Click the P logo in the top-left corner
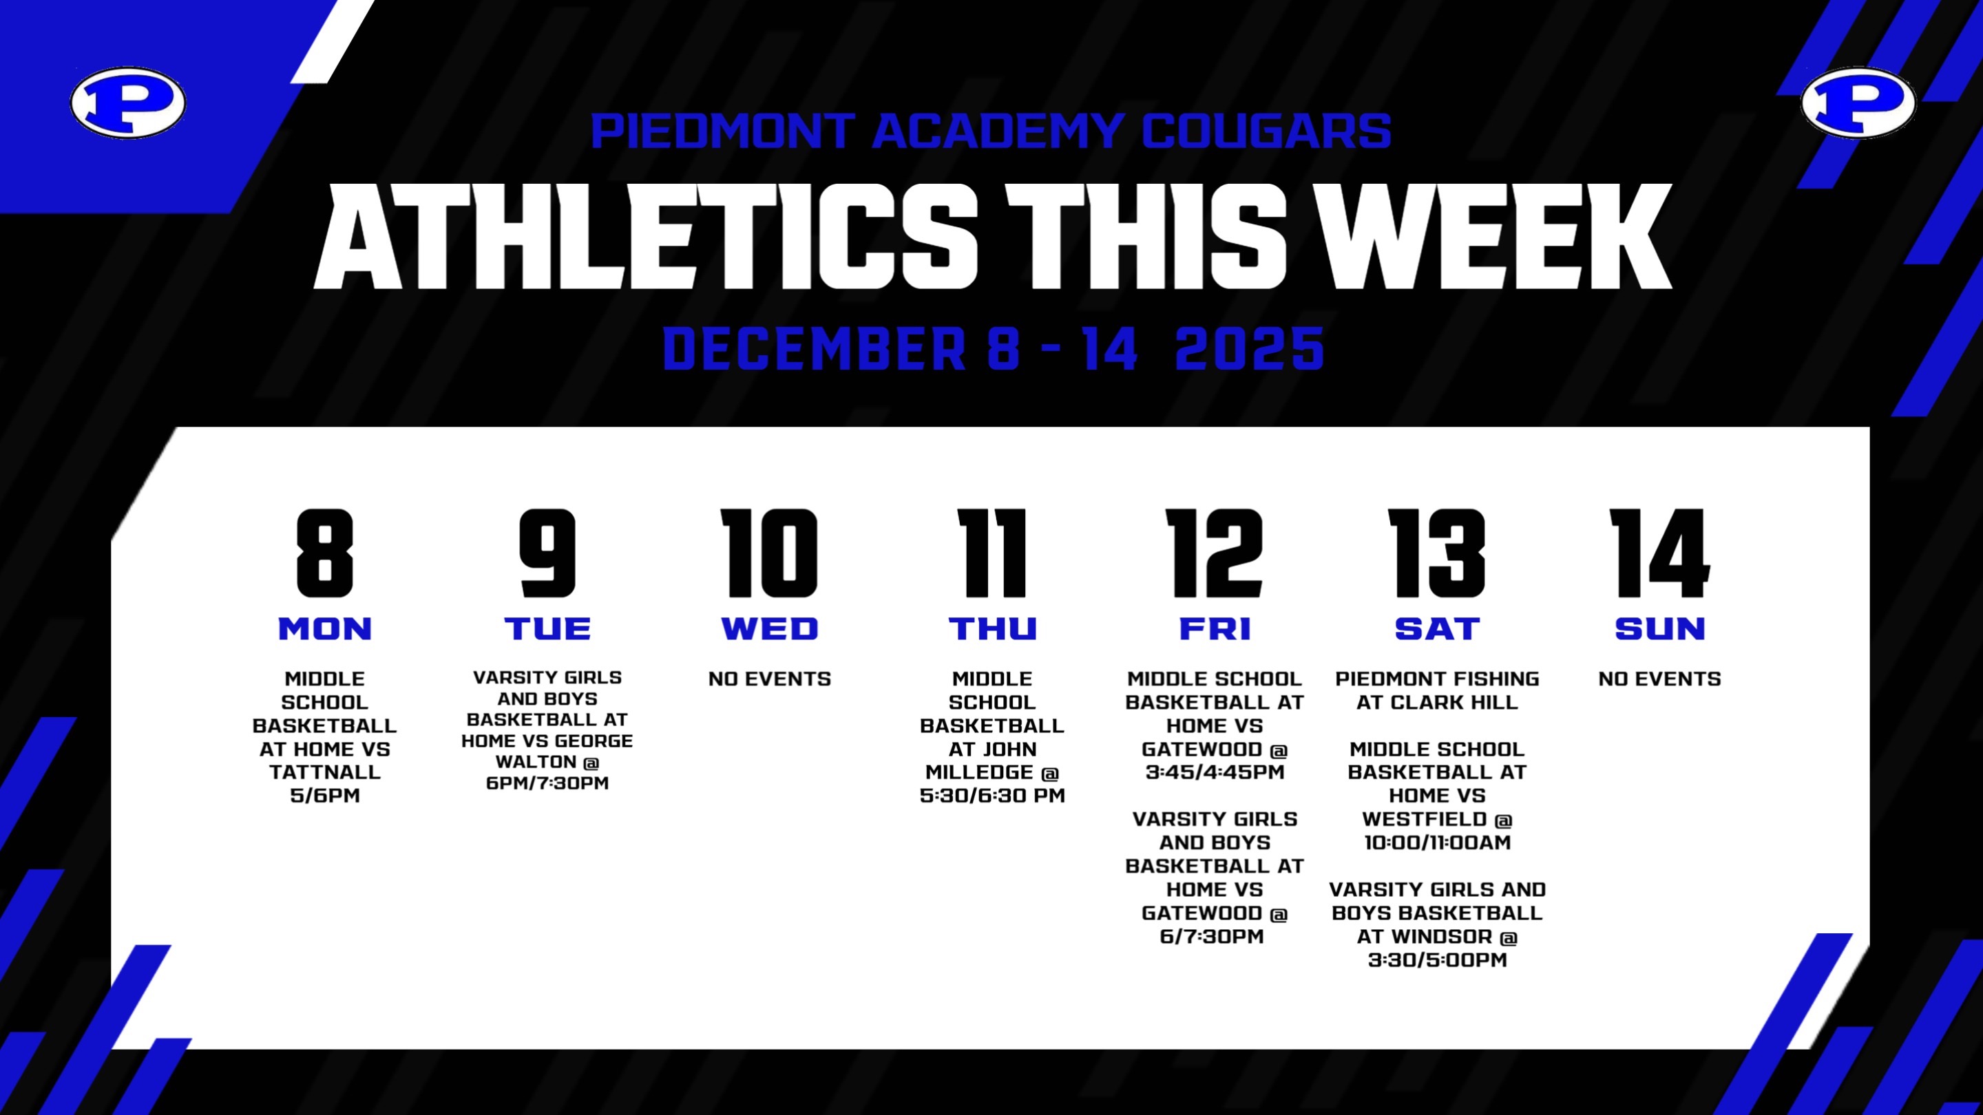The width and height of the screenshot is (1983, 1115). click(x=128, y=103)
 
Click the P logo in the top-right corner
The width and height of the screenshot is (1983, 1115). click(x=1859, y=103)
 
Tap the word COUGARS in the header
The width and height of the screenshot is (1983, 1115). click(x=1266, y=131)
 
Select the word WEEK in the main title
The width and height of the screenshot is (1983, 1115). click(x=1495, y=236)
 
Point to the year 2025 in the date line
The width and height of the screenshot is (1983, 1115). click(x=1250, y=348)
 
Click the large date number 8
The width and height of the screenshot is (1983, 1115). click(x=325, y=553)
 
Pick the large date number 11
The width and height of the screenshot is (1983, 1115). click(x=992, y=553)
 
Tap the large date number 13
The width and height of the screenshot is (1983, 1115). click(x=1436, y=553)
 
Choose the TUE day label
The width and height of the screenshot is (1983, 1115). click(x=547, y=628)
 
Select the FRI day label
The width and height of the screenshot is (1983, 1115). click(x=1215, y=628)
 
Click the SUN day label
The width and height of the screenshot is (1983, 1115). click(x=1659, y=628)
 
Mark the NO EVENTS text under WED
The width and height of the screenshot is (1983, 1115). click(x=770, y=679)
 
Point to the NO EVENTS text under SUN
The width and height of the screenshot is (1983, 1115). click(x=1659, y=679)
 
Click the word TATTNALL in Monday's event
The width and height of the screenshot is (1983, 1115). click(x=325, y=772)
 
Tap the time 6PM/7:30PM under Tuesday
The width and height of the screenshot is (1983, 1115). click(x=547, y=783)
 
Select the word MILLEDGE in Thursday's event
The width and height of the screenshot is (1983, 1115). click(x=980, y=772)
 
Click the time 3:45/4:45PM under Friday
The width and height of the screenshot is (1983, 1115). click(x=1215, y=772)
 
